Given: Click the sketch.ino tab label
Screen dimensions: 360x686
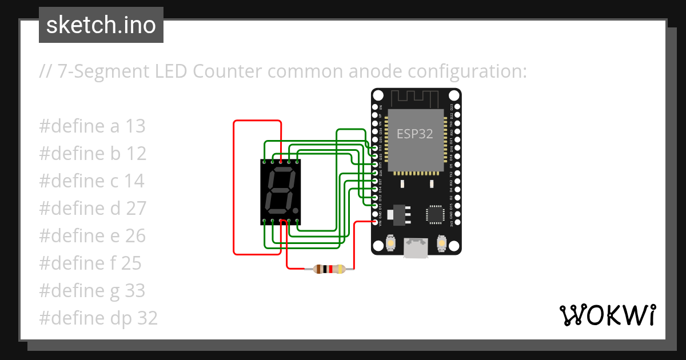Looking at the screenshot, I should pos(101,25).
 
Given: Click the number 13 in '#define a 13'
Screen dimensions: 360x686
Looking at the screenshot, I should pos(135,126).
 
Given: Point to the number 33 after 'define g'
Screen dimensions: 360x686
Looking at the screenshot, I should pos(135,291).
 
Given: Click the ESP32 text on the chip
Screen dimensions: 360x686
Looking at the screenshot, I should pos(414,134).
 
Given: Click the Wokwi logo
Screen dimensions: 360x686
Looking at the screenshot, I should pos(607,315).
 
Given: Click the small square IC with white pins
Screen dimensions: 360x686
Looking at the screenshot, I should pos(434,214).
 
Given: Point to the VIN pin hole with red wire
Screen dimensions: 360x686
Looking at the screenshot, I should pos(375,222).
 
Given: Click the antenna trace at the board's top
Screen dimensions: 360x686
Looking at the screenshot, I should pos(415,97).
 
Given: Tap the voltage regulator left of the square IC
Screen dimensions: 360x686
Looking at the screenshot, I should pos(395,214).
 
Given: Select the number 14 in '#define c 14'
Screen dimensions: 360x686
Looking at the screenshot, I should pos(134,181).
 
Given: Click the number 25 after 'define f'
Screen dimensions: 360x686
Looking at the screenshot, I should pos(131,263).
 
